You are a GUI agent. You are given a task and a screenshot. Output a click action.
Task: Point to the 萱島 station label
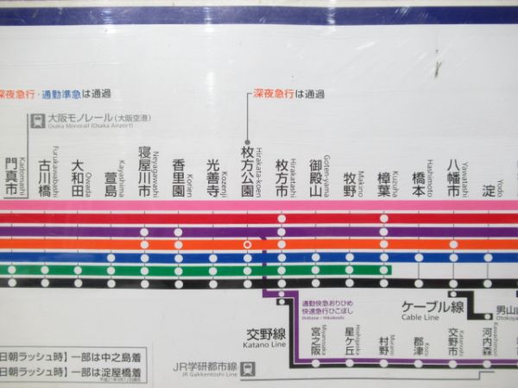(111, 183)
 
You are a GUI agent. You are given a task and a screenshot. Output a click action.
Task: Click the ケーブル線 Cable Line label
(433, 308)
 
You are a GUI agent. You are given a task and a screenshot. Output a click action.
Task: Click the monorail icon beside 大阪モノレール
(38, 122)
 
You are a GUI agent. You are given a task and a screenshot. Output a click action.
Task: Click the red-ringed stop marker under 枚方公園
(248, 244)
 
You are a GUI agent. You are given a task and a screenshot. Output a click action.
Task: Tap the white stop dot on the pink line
(281, 219)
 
